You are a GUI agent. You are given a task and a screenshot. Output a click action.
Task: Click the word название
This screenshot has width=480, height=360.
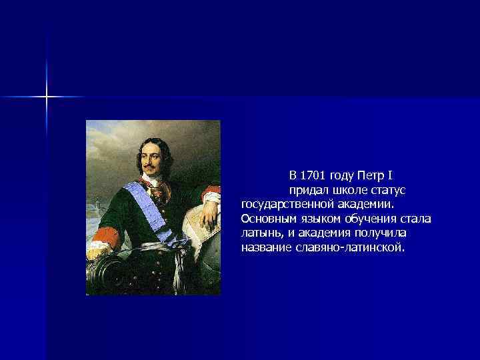265,247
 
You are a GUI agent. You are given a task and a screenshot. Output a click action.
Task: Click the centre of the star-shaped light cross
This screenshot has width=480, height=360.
47,97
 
